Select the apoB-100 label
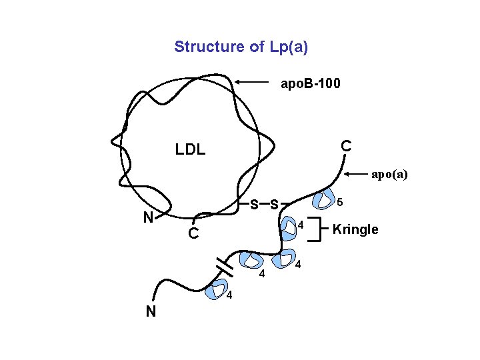310,84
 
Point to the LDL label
190,150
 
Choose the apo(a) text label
389,175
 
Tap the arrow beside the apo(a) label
357,175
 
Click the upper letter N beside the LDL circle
150,217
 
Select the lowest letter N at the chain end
151,311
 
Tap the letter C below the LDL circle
192,235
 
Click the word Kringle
355,230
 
